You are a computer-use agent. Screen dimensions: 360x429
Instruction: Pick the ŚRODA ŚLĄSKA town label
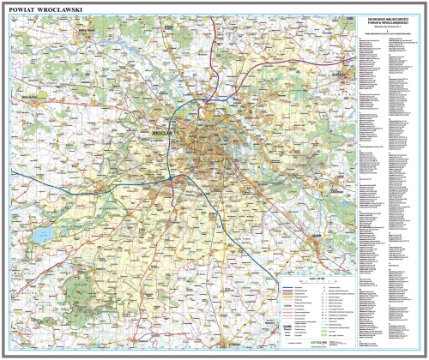pyautogui.click(x=23, y=97)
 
